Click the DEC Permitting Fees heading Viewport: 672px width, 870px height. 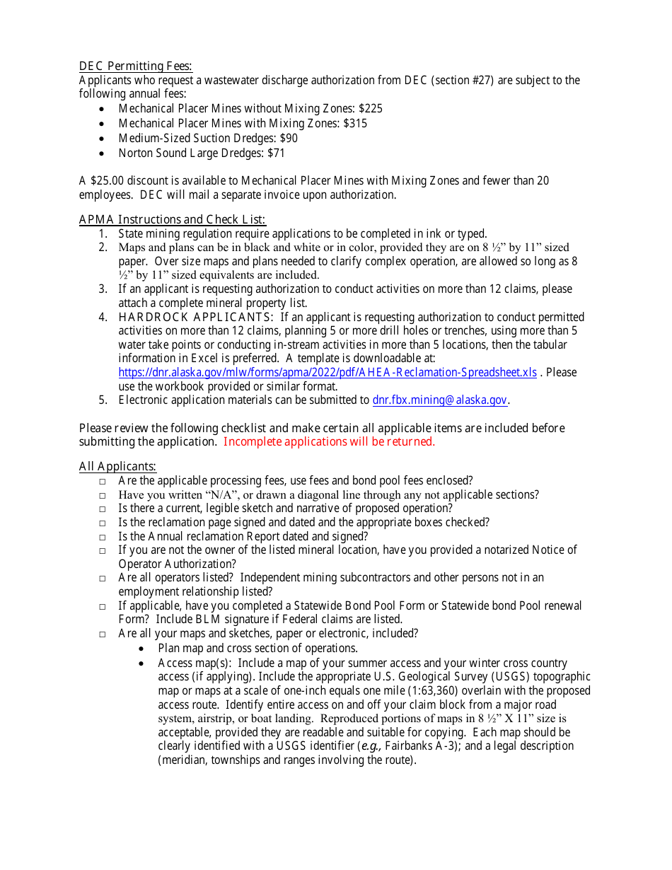pyautogui.click(x=135, y=66)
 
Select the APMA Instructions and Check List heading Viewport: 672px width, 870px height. pyautogui.click(x=172, y=219)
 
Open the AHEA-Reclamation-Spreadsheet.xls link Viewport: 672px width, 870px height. pyautogui.click(x=328, y=373)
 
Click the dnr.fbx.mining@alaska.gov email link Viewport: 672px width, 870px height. pyautogui.click(x=439, y=400)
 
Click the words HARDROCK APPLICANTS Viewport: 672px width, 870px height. pyautogui.click(x=196, y=317)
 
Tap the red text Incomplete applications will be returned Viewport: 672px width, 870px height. pyautogui.click(x=329, y=442)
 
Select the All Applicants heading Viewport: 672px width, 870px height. pyautogui.click(x=117, y=467)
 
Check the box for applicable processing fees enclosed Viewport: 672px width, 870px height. pyautogui.click(x=103, y=482)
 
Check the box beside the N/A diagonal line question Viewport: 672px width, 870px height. pyautogui.click(x=103, y=496)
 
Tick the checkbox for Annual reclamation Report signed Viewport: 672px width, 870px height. pyautogui.click(x=103, y=538)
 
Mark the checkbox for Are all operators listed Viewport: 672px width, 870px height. pyautogui.click(x=103, y=579)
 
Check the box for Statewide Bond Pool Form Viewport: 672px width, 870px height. pyautogui.click(x=103, y=607)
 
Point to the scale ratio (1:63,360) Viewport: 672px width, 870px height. pyautogui.click(x=452, y=691)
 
